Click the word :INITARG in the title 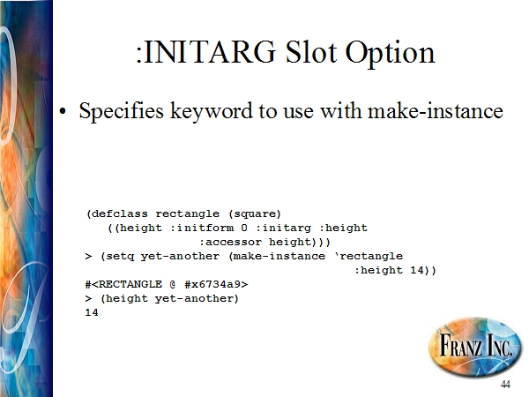coord(205,52)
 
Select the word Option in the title coord(390,54)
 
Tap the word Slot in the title coord(310,52)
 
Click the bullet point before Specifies coord(63,111)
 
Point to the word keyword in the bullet coord(212,111)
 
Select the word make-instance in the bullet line coord(436,111)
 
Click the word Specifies coord(121,111)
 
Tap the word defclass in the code coord(120,213)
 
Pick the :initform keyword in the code coord(202,228)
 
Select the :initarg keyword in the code coord(283,228)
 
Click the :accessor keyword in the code coord(230,242)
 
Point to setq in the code coord(120,257)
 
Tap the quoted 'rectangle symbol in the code coord(369,256)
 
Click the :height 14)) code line coord(395,271)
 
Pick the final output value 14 coord(92,312)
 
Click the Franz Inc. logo coord(474,346)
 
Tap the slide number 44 coord(505,384)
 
